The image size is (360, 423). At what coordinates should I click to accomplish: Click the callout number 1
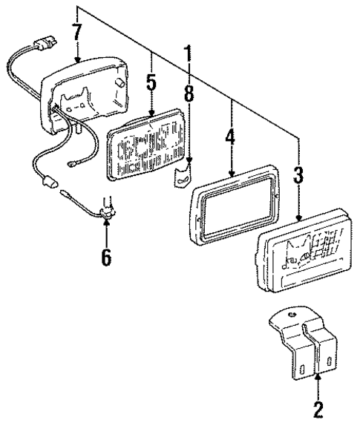[x=189, y=54]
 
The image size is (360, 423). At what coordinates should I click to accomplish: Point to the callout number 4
[x=232, y=140]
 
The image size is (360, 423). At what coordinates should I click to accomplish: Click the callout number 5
[x=151, y=82]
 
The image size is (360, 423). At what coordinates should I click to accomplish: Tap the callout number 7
[x=76, y=33]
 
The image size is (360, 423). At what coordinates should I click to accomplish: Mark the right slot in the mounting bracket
[x=324, y=361]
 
